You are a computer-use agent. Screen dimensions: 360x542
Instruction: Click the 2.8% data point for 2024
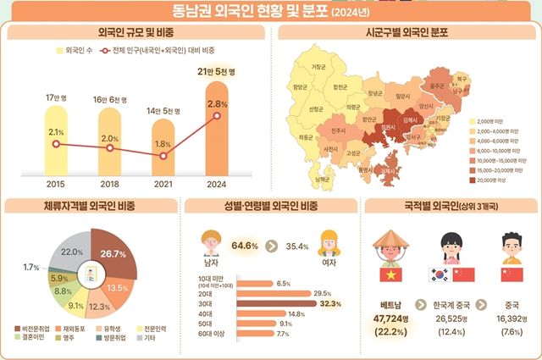click(x=216, y=115)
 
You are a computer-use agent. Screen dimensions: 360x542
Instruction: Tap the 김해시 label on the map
click(x=412, y=122)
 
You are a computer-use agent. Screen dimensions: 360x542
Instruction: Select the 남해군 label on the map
click(x=322, y=180)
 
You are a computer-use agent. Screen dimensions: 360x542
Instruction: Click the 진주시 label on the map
click(x=337, y=131)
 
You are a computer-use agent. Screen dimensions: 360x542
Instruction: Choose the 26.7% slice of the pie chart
click(x=112, y=255)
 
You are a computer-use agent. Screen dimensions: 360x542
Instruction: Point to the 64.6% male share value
click(x=246, y=246)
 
